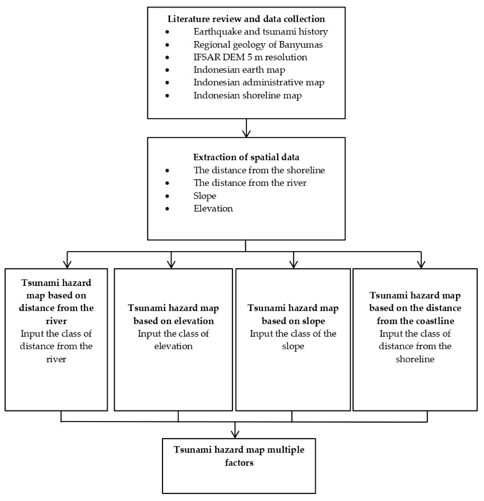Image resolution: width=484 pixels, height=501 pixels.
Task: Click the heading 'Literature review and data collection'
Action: click(x=246, y=19)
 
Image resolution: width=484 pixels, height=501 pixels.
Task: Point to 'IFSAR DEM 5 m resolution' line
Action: click(x=250, y=57)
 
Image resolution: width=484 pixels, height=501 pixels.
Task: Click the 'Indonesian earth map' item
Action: click(x=239, y=70)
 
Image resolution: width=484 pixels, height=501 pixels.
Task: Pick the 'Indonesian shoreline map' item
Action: click(x=247, y=95)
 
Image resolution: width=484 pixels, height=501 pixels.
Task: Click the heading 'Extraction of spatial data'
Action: click(x=246, y=157)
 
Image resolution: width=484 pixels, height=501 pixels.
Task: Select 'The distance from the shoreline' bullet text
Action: click(x=259, y=170)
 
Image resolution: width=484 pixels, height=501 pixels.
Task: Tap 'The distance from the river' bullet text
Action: click(x=250, y=183)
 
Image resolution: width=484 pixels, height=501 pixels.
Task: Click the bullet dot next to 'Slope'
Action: click(x=167, y=196)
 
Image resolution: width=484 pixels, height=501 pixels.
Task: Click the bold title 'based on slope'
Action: click(x=293, y=321)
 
